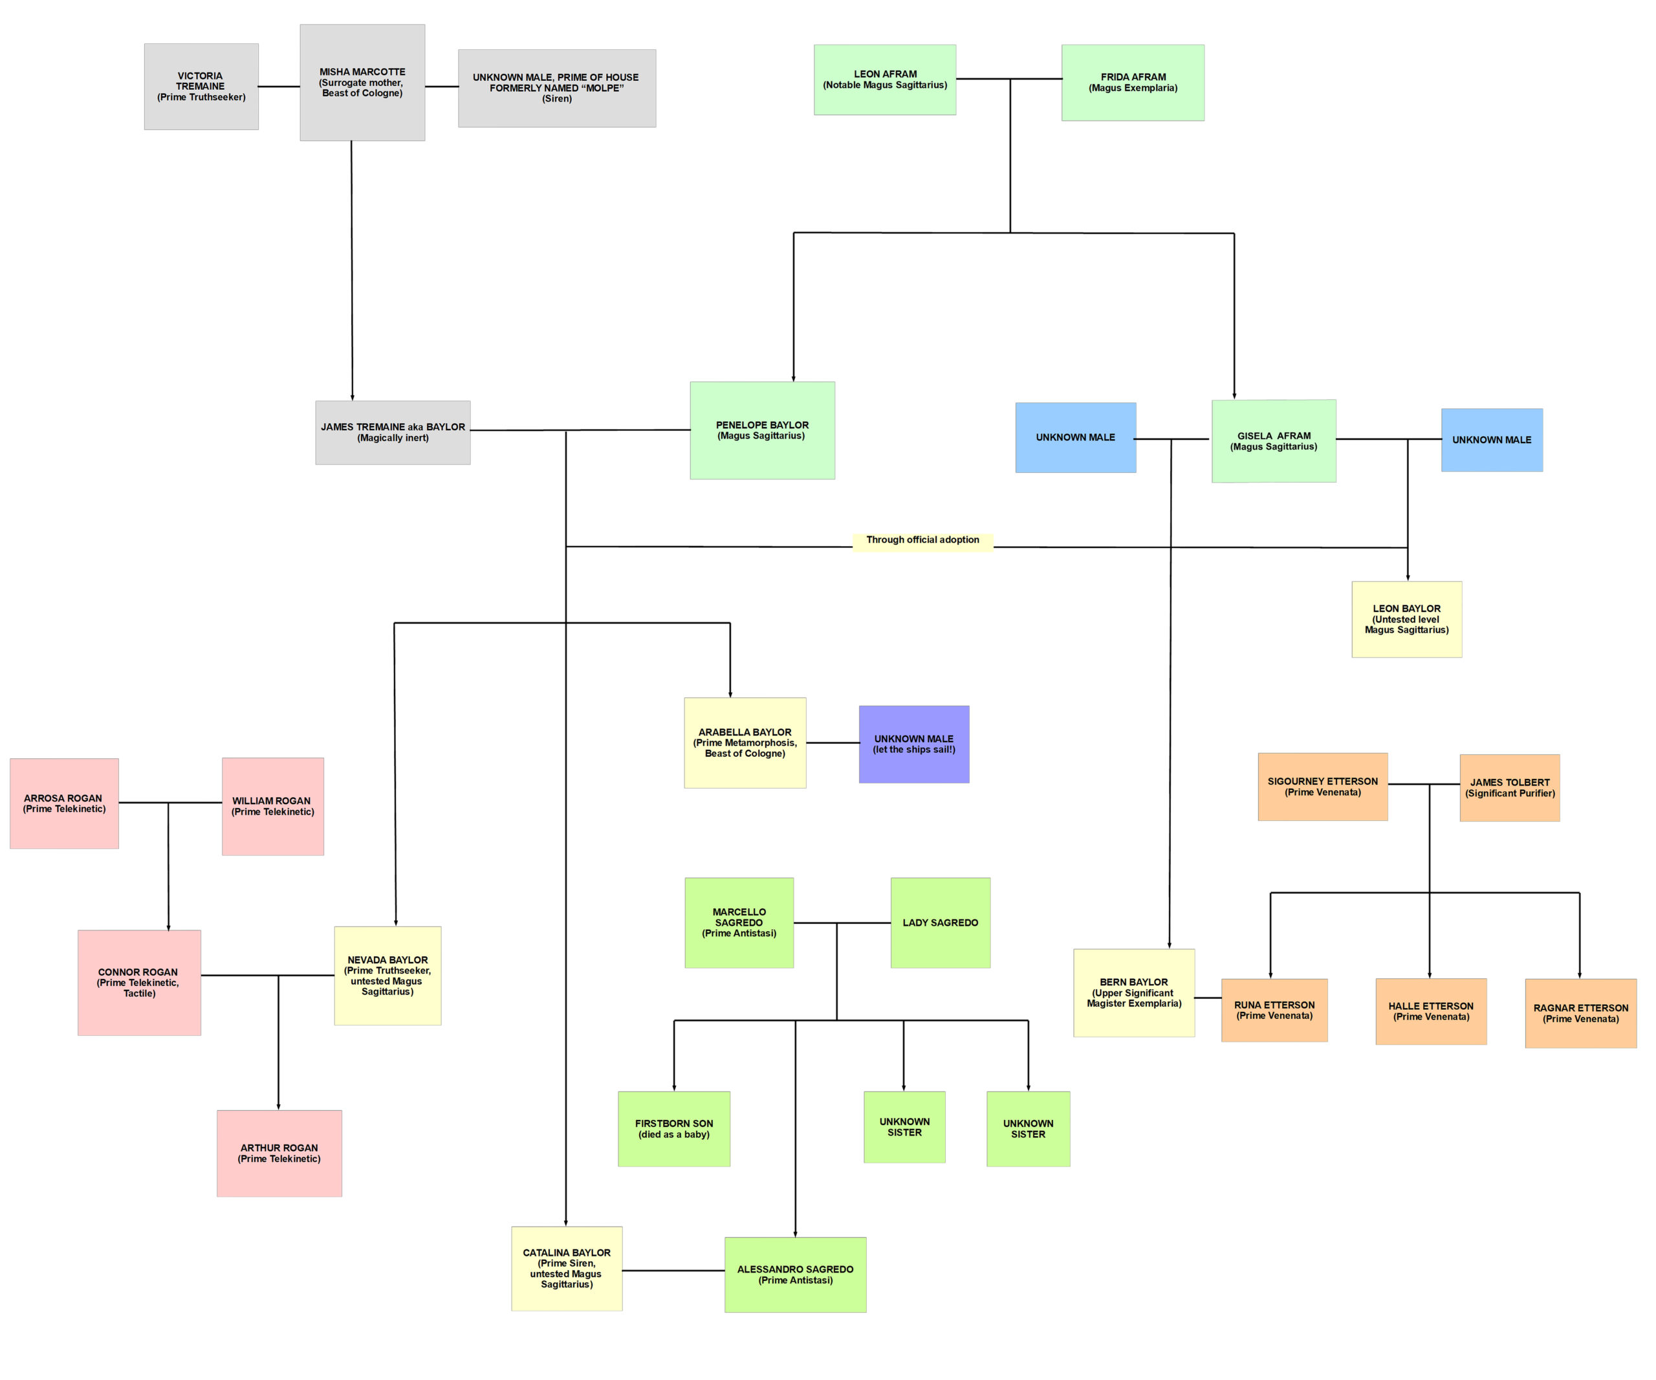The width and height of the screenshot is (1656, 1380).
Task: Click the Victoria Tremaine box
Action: pyautogui.click(x=201, y=87)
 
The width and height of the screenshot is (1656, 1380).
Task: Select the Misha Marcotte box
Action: pyautogui.click(x=362, y=83)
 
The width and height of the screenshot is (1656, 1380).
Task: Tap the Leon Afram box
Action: pyautogui.click(x=885, y=80)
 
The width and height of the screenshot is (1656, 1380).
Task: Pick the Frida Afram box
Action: pyautogui.click(x=1133, y=83)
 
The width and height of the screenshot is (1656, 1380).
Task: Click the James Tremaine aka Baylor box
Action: pyautogui.click(x=393, y=432)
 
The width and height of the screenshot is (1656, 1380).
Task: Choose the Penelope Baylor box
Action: pyautogui.click(x=762, y=430)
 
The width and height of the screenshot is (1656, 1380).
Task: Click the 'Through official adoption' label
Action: pyautogui.click(x=922, y=540)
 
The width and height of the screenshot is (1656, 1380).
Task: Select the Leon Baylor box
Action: pyautogui.click(x=1406, y=619)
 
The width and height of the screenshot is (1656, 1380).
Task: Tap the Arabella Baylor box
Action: pyautogui.click(x=745, y=743)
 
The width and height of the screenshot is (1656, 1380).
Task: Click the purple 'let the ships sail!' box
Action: pyautogui.click(x=914, y=745)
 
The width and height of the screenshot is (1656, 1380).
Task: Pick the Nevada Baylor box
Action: pyautogui.click(x=387, y=976)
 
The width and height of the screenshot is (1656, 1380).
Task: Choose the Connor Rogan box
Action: pyautogui.click(x=139, y=983)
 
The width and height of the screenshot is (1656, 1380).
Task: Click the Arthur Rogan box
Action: pyautogui.click(x=279, y=1153)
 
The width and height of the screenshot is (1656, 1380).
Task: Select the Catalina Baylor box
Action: pyautogui.click(x=566, y=1268)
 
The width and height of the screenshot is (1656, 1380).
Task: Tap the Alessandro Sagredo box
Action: pyautogui.click(x=795, y=1275)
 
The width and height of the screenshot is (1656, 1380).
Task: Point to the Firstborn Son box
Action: pyautogui.click(x=673, y=1128)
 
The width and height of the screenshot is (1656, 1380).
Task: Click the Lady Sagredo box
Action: pyautogui.click(x=940, y=923)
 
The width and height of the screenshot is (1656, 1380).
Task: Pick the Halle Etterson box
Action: pyautogui.click(x=1430, y=1011)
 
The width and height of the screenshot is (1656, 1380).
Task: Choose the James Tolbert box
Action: pyautogui.click(x=1509, y=788)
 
